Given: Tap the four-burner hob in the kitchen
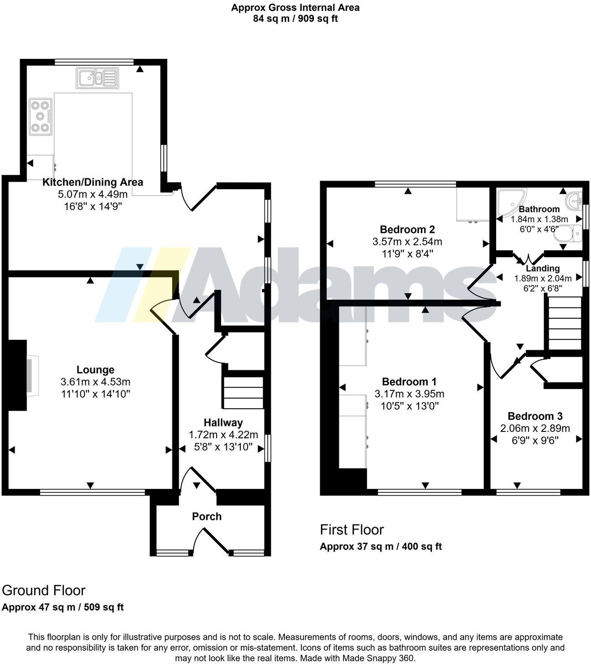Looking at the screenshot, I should click(x=41, y=117).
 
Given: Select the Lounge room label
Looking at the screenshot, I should click(x=95, y=370).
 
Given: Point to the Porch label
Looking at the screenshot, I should click(x=207, y=516).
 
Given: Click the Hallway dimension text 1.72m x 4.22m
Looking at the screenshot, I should click(x=223, y=435).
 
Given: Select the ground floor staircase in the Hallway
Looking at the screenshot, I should click(x=243, y=392).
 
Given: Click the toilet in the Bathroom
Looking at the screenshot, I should click(x=571, y=234).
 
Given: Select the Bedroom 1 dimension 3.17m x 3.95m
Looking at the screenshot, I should click(x=409, y=394).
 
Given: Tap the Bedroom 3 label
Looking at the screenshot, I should click(x=535, y=416).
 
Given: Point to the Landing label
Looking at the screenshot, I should click(x=542, y=268).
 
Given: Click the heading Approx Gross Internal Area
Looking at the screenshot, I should click(x=295, y=7).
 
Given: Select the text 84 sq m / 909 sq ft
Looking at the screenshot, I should click(x=295, y=19).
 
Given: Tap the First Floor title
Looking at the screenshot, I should click(x=352, y=529).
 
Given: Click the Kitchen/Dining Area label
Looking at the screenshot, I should click(x=93, y=182).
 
